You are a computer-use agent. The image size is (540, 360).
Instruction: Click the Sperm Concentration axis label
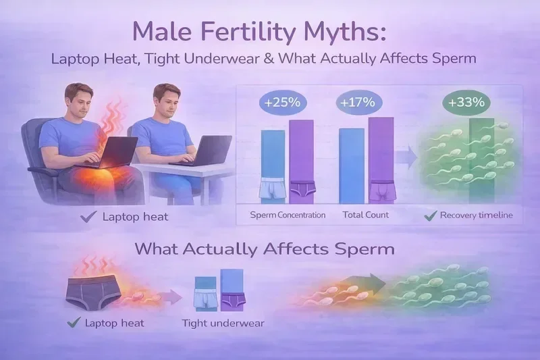pyautogui.click(x=288, y=215)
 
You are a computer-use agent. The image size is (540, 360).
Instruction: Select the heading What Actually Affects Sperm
pyautogui.click(x=265, y=249)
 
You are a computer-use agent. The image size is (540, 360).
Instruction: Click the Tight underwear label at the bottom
pyautogui.click(x=223, y=323)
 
